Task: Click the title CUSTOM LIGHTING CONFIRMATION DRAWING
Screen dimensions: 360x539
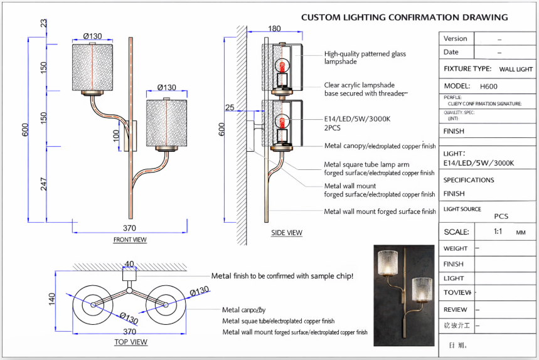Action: click(404, 18)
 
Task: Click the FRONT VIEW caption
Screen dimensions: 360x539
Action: click(130, 240)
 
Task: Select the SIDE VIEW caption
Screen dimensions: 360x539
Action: click(287, 233)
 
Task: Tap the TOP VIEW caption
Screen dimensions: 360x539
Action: click(131, 342)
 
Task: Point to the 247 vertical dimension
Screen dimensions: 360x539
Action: click(44, 184)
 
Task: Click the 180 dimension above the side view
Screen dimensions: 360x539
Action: click(274, 29)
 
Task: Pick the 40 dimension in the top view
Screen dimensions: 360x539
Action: click(129, 264)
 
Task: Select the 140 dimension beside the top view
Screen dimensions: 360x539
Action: click(53, 300)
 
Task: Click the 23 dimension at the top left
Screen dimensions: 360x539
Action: click(44, 24)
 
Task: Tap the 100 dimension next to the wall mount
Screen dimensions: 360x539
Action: click(116, 135)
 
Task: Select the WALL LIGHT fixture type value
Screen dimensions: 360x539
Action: click(516, 70)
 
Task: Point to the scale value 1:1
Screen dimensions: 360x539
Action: click(498, 231)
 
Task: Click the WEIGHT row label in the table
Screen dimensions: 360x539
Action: click(456, 248)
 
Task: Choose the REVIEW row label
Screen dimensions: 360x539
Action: click(456, 309)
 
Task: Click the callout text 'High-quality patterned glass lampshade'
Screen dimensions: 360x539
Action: click(365, 58)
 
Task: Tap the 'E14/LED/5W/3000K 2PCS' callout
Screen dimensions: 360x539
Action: click(357, 123)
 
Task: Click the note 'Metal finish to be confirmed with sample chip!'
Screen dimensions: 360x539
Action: click(282, 276)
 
